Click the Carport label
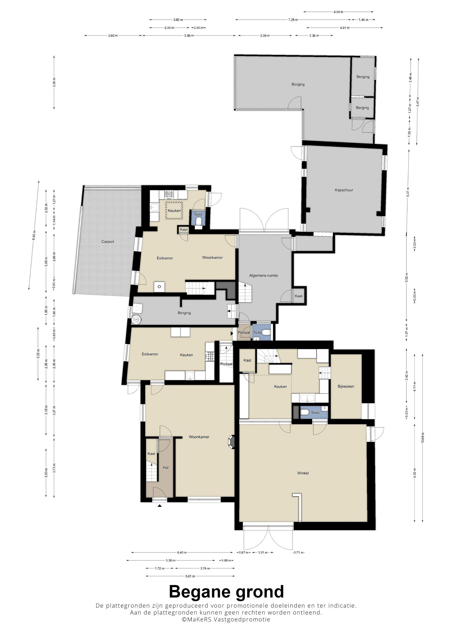point(108,242)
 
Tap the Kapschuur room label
point(344,190)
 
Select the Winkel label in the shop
point(303,473)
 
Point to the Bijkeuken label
point(346,386)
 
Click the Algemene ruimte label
point(264,276)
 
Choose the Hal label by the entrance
point(165,467)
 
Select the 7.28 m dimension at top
point(293,20)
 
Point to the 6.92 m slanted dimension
point(34,235)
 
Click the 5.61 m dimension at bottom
point(190,576)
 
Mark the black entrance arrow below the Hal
point(160,506)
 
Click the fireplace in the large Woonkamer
point(232,442)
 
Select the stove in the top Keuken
point(168,194)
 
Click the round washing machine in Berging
point(137,320)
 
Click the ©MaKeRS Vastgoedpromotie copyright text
point(226,619)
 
